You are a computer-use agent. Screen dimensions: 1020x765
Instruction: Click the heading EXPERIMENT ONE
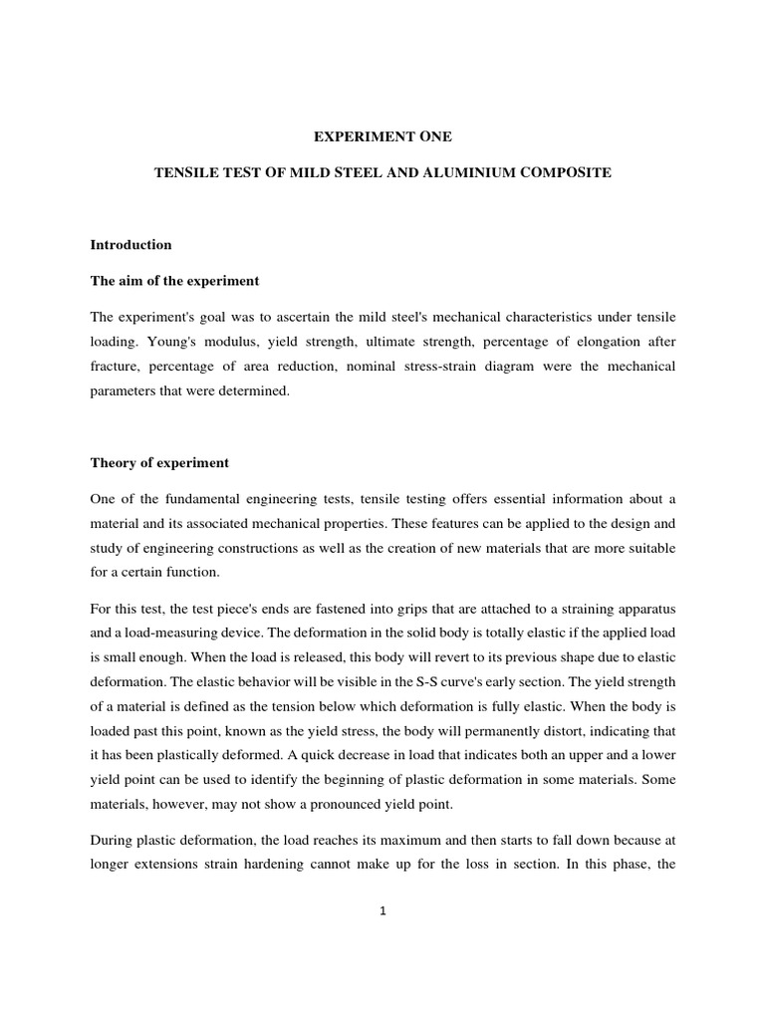[x=382, y=135]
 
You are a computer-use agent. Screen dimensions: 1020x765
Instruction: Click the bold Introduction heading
[x=130, y=244]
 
